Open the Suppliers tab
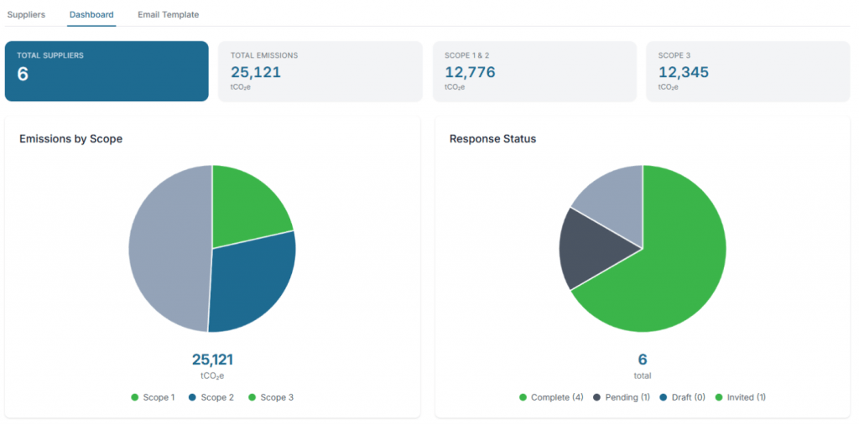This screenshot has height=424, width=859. click(x=26, y=15)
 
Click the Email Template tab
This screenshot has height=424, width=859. click(x=168, y=15)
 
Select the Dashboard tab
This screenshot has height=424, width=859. click(x=92, y=15)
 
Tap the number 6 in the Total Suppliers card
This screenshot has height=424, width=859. click(x=23, y=74)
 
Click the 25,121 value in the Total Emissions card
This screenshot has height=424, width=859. click(x=256, y=72)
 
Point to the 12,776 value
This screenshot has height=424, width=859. click(x=470, y=72)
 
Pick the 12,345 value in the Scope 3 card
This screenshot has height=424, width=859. click(x=684, y=72)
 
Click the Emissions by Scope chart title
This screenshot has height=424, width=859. click(x=70, y=139)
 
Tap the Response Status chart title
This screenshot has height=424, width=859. click(x=492, y=139)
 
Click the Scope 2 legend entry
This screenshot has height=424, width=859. click(x=211, y=397)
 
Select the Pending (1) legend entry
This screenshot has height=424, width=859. click(x=622, y=397)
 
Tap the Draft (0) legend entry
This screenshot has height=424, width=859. click(x=682, y=397)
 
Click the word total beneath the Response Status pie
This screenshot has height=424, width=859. click(x=643, y=376)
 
